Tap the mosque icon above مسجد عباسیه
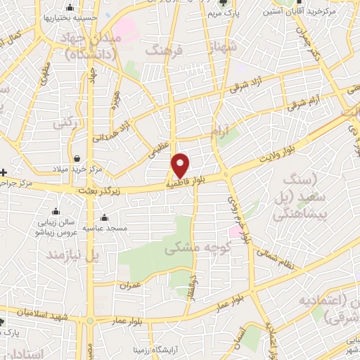tap(104, 217)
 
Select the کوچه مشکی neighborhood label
tap(193, 248)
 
